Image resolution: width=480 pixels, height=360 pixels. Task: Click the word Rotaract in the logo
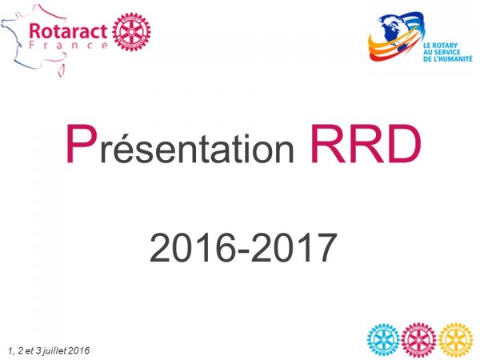[x=68, y=30]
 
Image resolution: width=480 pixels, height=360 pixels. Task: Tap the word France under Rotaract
[x=68, y=46]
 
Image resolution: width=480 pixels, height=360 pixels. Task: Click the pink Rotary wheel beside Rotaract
[x=132, y=31]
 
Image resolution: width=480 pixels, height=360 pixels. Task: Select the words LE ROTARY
[x=441, y=46]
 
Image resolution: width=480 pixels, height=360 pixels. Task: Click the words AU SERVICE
[x=442, y=52]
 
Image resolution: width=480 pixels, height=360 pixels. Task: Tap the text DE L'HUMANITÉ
[x=448, y=58]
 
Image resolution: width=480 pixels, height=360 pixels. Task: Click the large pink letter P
[x=79, y=143]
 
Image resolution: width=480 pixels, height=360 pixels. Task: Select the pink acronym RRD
[x=366, y=143]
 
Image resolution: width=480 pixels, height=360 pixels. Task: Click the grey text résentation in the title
[x=197, y=148]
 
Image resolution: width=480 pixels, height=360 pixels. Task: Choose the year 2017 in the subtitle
[x=294, y=248]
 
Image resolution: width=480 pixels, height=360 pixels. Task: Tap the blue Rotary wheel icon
[x=383, y=339]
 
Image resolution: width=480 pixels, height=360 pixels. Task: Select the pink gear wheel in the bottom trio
[x=418, y=339]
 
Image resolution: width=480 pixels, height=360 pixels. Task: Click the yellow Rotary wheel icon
[x=455, y=339]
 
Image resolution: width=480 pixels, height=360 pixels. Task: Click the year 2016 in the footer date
[x=79, y=350]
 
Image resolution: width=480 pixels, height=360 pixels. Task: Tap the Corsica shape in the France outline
[x=62, y=70]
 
